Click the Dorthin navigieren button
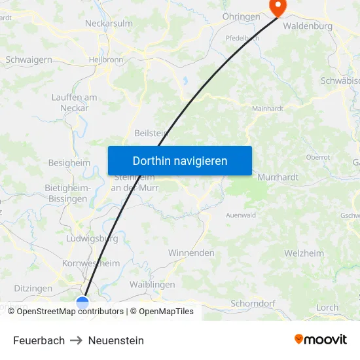[180, 160]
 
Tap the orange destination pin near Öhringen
[278, 8]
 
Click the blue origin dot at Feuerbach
[82, 302]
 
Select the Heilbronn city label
[105, 60]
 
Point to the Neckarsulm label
[109, 23]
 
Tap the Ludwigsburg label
[92, 238]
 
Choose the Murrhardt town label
[278, 177]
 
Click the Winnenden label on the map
[191, 253]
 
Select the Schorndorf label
[253, 304]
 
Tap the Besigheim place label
[69, 162]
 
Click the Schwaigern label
[28, 60]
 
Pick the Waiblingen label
[152, 284]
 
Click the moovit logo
[320, 339]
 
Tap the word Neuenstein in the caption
[116, 340]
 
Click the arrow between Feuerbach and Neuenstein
[76, 340]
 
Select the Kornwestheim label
[91, 263]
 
